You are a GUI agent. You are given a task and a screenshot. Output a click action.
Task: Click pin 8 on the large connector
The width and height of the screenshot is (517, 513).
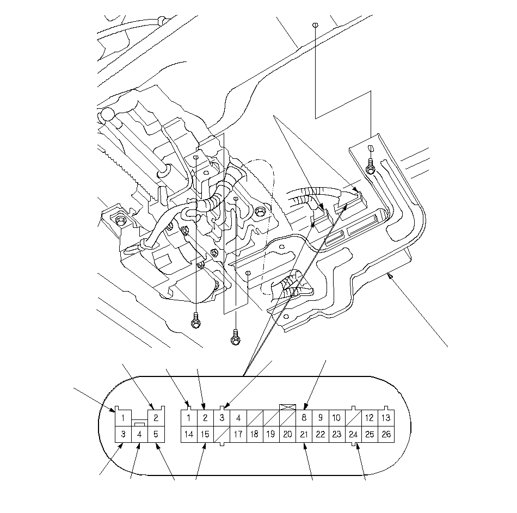pos(304,418)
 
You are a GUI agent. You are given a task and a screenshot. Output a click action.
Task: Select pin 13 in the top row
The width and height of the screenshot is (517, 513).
pos(385,418)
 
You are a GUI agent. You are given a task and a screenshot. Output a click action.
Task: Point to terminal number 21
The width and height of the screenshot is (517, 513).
pos(304,434)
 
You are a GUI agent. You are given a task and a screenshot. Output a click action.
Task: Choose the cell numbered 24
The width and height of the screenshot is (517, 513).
pos(353,434)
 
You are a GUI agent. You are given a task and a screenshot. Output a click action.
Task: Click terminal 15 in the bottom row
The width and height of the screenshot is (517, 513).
pos(205,434)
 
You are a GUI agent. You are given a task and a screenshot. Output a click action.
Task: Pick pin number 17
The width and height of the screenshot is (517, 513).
pos(238,434)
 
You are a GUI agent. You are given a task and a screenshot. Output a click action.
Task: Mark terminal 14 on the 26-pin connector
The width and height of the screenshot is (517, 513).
pos(188,434)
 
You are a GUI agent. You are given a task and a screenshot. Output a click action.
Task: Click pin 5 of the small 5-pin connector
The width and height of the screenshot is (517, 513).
pos(156,434)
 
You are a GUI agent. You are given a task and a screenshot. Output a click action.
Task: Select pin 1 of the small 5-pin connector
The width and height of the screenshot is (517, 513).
pos(124,418)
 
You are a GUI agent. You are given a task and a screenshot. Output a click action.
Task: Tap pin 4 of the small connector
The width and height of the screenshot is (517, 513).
pos(139,435)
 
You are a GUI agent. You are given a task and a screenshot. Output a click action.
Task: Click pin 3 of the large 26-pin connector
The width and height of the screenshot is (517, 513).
pos(221,418)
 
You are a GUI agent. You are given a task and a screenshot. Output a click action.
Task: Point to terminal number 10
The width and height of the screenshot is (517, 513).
pos(336,418)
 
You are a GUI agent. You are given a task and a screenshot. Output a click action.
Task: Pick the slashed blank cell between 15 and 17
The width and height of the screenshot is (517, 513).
pos(221,434)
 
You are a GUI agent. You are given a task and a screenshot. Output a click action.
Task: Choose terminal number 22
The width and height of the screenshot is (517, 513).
pos(320,434)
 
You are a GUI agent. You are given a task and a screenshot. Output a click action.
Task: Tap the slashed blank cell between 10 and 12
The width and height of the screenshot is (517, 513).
pos(353,418)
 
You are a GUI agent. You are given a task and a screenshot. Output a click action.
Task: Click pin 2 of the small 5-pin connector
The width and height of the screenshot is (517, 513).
pos(156,418)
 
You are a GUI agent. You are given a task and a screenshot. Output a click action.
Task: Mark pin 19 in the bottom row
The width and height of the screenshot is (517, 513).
pos(270,434)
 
